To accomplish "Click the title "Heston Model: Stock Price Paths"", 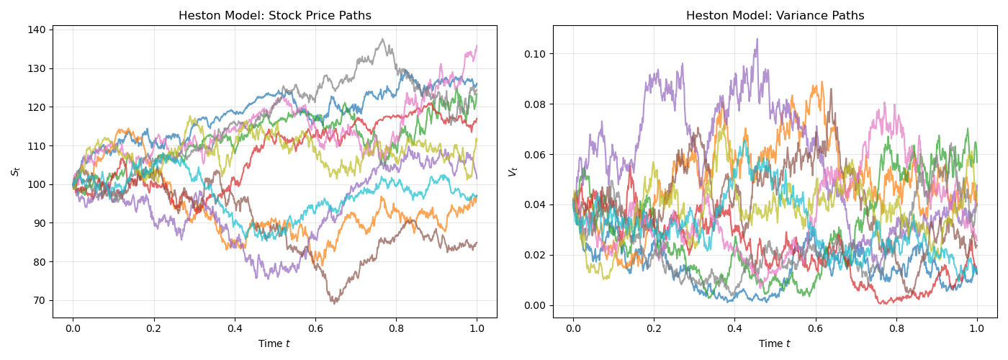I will [274, 16].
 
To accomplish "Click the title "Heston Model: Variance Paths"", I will [775, 16].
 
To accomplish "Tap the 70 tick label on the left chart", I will [39, 301].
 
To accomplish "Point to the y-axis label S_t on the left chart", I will [15, 171].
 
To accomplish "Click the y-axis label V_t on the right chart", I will [513, 171].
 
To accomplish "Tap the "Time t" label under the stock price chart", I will [274, 344].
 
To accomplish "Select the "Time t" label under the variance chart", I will [775, 344].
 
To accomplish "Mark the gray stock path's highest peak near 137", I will [382, 39].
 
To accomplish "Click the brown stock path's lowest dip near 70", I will [335, 303].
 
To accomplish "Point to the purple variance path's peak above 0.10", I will [757, 39].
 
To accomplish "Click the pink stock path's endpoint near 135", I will [477, 46].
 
